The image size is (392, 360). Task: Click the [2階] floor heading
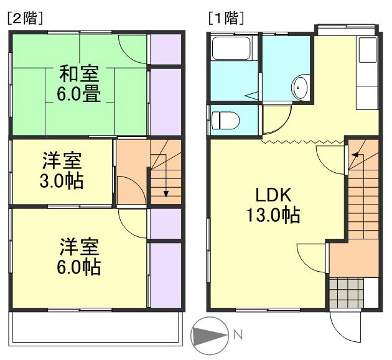[24, 18]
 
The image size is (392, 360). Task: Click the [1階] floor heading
[225, 18]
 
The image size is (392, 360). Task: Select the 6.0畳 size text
[79, 95]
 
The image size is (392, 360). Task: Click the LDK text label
[271, 195]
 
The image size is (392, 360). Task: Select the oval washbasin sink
[301, 88]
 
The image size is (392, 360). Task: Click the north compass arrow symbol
[209, 336]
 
